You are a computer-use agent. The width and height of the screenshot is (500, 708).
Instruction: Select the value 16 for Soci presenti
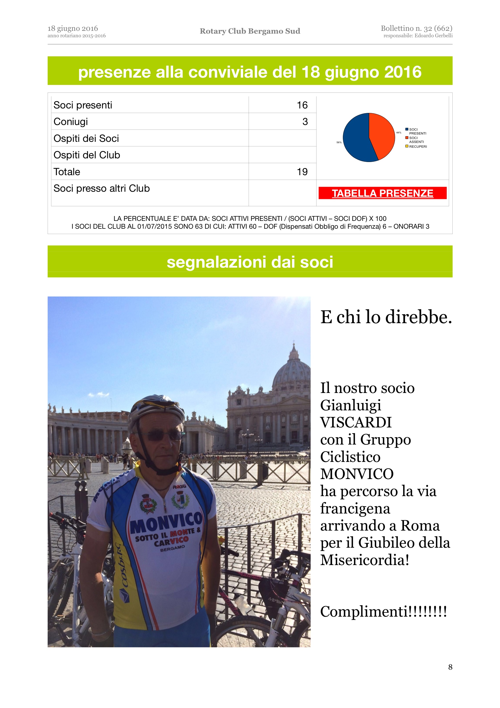[x=302, y=105]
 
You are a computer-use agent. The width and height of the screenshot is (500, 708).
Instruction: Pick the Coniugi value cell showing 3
[x=305, y=122]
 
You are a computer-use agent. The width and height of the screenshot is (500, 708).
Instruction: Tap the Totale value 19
[x=302, y=172]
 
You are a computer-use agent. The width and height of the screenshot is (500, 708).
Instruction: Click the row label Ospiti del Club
[x=87, y=155]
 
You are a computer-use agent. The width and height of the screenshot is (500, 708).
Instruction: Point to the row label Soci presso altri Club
[x=101, y=188]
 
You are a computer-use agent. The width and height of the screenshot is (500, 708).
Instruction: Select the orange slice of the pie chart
[x=382, y=133]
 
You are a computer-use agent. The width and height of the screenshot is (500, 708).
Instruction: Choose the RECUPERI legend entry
[x=418, y=147]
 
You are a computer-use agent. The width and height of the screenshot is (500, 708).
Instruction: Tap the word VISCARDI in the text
[x=356, y=422]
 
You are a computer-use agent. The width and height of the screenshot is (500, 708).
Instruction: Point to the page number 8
[x=450, y=667]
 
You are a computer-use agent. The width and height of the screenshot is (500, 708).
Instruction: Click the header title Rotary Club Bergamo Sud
[x=250, y=31]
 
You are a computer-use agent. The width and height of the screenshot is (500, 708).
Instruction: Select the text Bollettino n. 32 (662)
[x=417, y=28]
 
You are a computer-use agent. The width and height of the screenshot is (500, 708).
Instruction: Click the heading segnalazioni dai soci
[x=250, y=262]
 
